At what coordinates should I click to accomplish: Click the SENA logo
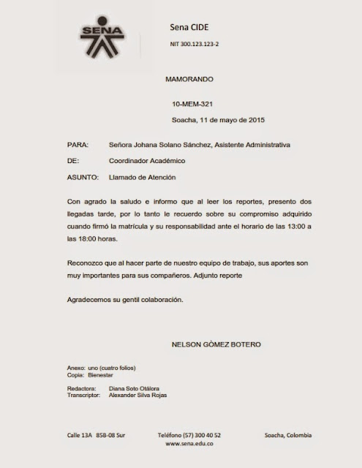[x=102, y=36]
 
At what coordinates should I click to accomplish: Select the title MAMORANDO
[x=188, y=77]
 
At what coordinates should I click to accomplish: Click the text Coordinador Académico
[x=146, y=161]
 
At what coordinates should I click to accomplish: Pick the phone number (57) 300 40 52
[x=201, y=435]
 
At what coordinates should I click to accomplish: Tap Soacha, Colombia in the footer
[x=288, y=435]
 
